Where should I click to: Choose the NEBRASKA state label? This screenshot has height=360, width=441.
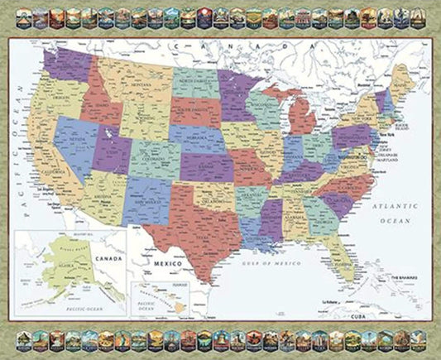pos(199,137)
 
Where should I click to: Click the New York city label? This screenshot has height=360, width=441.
pos(382,133)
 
